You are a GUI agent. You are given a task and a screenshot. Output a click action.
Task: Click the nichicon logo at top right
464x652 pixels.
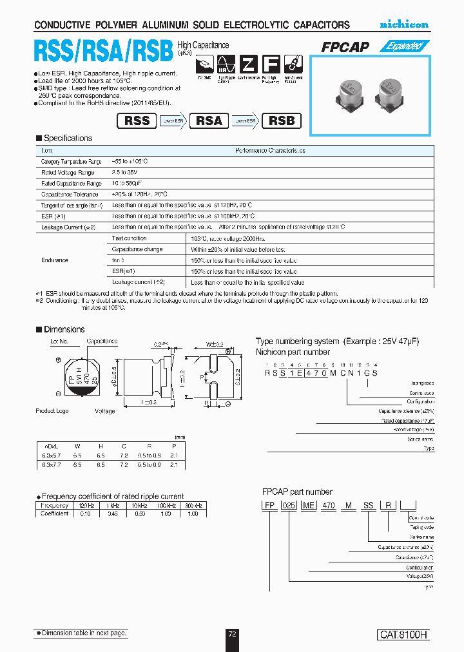(x=403, y=24)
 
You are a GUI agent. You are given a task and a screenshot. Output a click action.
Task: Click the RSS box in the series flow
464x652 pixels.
(x=137, y=120)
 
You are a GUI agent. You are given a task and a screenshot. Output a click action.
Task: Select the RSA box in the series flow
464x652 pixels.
(x=209, y=120)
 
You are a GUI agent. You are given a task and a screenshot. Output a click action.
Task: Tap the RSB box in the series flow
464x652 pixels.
(x=281, y=120)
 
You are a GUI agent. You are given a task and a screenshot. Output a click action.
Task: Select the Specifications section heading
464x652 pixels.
(x=68, y=139)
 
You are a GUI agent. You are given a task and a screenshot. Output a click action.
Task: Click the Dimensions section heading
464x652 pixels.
(x=64, y=329)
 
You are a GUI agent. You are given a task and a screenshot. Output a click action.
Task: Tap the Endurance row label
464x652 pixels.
(x=55, y=260)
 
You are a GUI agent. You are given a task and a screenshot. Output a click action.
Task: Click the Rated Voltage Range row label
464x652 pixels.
(x=68, y=173)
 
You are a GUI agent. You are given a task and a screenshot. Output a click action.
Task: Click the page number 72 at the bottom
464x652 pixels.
(x=233, y=634)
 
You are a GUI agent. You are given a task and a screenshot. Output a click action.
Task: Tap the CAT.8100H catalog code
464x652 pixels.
(x=403, y=635)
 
